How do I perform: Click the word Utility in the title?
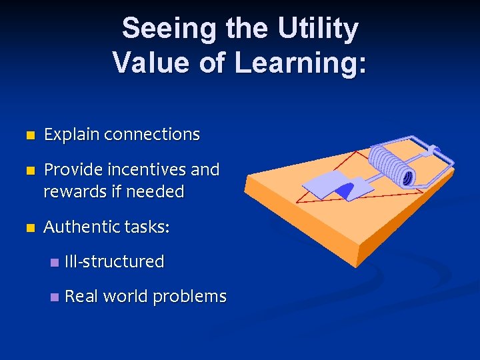[x=318, y=29]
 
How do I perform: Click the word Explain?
[x=72, y=135]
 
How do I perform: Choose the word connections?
[x=152, y=135]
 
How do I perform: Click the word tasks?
[x=147, y=227]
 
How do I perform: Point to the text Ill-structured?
[x=114, y=262]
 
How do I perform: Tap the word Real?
[x=81, y=297]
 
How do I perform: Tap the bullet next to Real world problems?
[x=54, y=297]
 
